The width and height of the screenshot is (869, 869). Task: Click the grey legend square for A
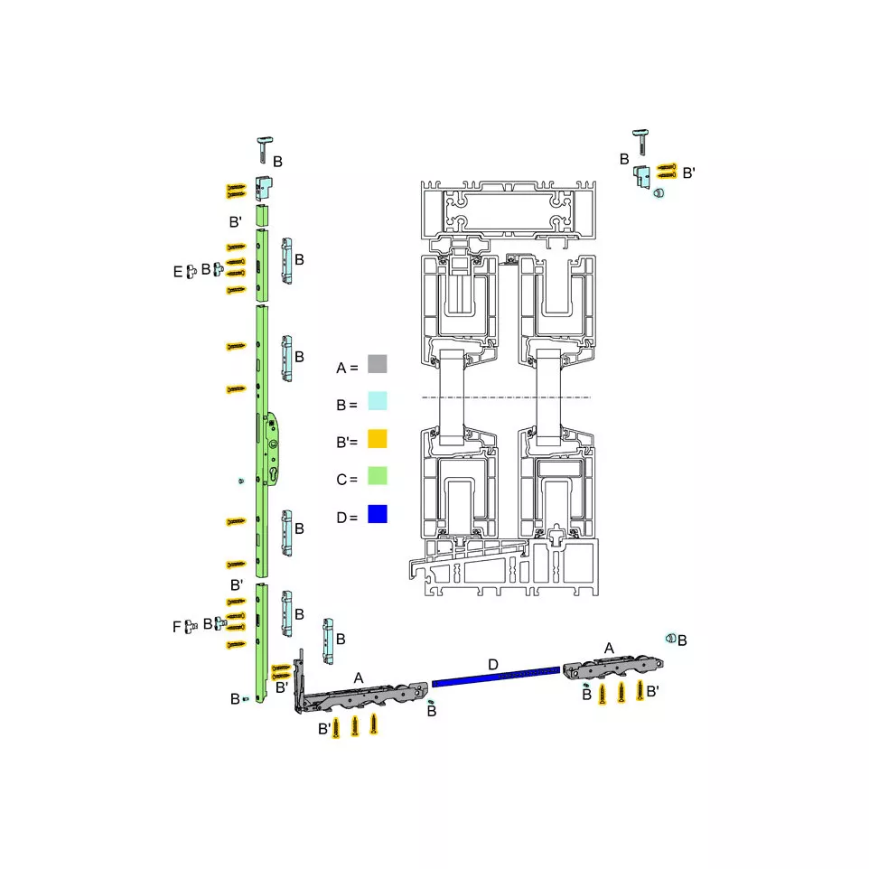[378, 364]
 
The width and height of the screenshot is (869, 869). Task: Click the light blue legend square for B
[378, 401]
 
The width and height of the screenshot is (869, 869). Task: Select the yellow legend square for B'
[378, 438]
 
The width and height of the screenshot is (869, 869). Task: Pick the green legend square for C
[378, 476]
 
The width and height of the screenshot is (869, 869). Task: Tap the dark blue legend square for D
[378, 514]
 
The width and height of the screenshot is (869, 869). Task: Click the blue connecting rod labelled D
[496, 676]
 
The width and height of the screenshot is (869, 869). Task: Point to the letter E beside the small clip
[177, 272]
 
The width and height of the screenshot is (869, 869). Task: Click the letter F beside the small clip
[177, 627]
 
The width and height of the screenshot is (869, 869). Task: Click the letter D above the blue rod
[493, 664]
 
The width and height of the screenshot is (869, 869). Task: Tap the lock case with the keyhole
[272, 449]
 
